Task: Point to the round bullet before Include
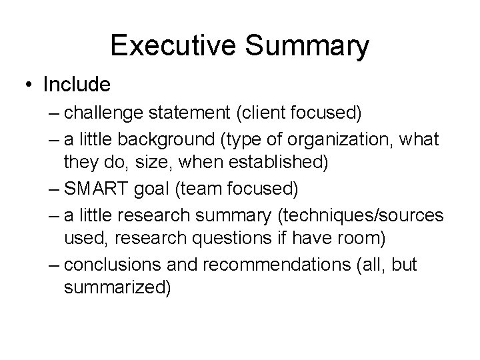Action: (31, 85)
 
